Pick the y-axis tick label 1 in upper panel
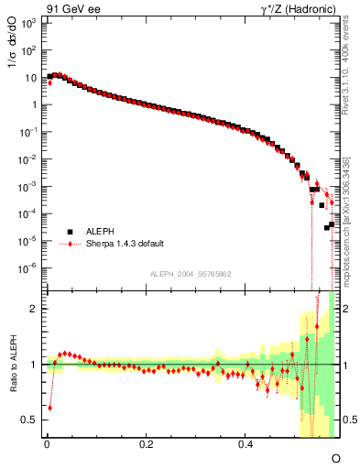[x=33, y=104]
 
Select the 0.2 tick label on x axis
[x=147, y=443]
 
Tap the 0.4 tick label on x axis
[x=245, y=443]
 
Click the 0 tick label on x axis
[x=47, y=443]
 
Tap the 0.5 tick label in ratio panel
[x=29, y=420]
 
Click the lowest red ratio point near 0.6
[x=49, y=408]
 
